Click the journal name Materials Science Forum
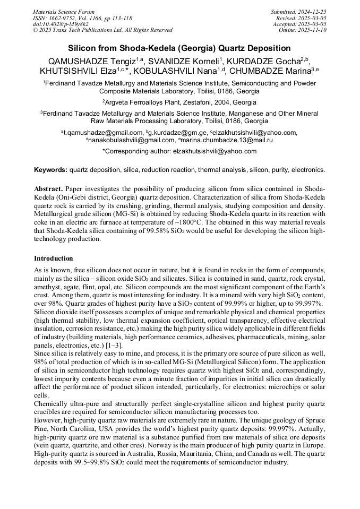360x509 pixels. [64, 12]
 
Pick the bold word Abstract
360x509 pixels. [48, 189]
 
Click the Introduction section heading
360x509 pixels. [53, 258]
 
